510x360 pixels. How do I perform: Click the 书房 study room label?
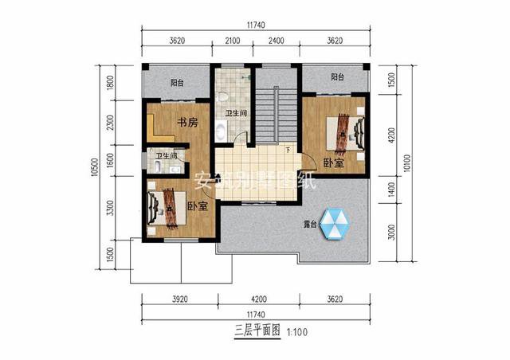[x=186, y=123]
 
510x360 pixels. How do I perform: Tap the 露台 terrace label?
[x=308, y=225]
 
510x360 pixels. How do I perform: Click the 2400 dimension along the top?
[x=275, y=41]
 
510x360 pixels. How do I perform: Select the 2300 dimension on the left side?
[x=111, y=123]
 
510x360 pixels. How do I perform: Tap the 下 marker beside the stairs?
[x=287, y=150]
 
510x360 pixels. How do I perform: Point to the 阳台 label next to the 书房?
[x=177, y=82]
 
